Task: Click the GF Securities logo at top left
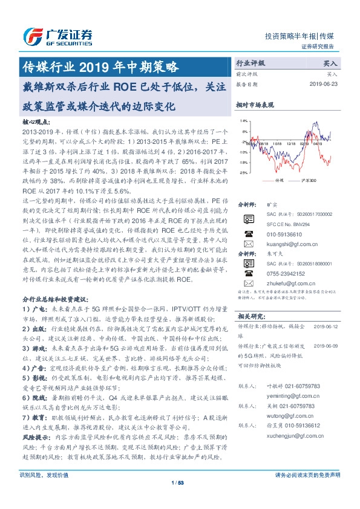pos(57,34)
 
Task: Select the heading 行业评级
pos(250,62)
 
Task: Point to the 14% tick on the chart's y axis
pos(243,121)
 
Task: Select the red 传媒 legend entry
pos(275,180)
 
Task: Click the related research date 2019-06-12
pos(327,326)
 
